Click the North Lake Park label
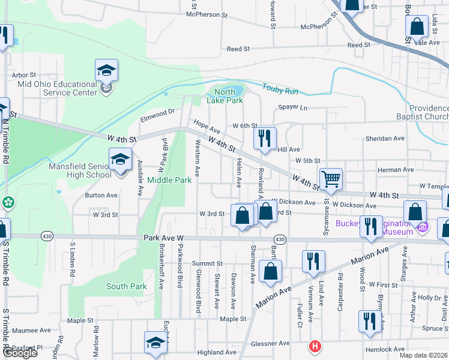pos(225,97)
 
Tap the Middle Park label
pos(169,179)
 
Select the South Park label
pos(127,286)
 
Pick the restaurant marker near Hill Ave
pos(265,140)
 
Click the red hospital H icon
pos(314,346)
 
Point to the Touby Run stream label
pos(280,90)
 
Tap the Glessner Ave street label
pos(270,343)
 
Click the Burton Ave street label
pos(101,195)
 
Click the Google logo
pos(20,353)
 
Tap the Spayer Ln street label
pos(292,108)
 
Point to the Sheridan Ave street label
pos(385,138)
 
